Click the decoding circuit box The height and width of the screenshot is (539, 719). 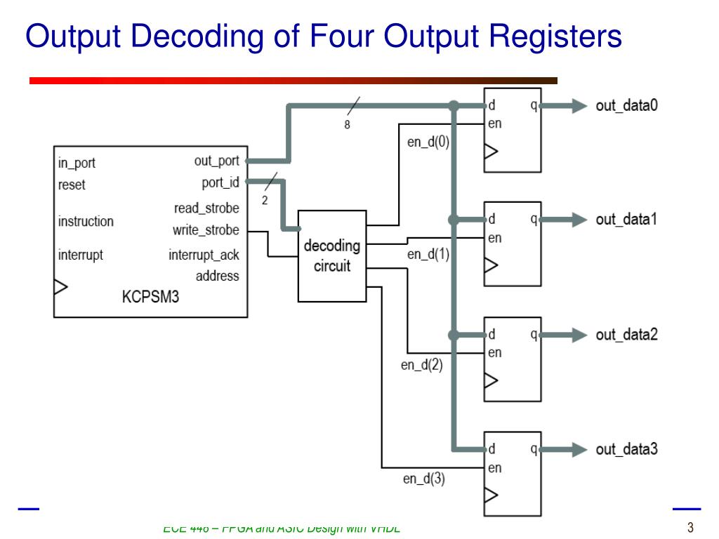click(332, 256)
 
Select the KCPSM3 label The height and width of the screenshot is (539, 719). click(150, 297)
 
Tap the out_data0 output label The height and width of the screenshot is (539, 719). click(626, 106)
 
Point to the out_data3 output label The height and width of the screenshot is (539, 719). click(626, 449)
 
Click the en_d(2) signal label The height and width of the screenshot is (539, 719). click(422, 365)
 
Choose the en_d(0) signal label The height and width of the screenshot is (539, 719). click(428, 142)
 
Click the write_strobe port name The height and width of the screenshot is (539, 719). click(206, 230)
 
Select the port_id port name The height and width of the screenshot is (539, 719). click(220, 183)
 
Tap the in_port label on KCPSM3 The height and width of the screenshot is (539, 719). click(77, 163)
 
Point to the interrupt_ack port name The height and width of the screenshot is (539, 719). click(204, 255)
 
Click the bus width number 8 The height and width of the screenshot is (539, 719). click(347, 125)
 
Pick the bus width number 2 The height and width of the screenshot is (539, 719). click(265, 200)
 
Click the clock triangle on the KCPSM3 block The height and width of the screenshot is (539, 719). click(60, 286)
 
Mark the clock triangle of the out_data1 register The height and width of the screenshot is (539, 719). click(491, 265)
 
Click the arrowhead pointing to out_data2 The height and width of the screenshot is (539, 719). click(579, 335)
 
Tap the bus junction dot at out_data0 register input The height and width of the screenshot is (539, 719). click(454, 106)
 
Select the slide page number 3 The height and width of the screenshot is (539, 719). click(690, 528)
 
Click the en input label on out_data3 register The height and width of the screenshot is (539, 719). click(495, 468)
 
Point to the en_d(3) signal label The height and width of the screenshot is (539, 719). click(423, 479)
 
